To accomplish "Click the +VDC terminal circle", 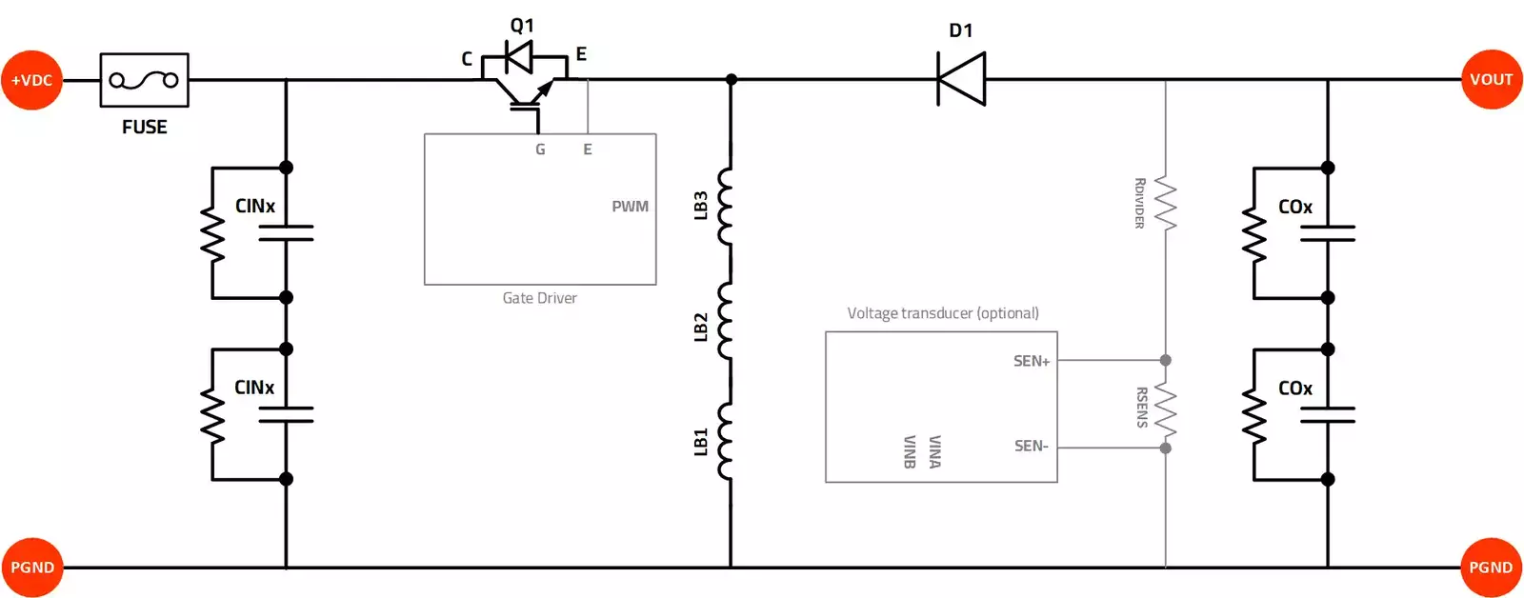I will click(31, 80).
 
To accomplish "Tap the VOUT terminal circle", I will click(1491, 79).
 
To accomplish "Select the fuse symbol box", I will click(144, 80).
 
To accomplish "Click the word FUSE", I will click(144, 127).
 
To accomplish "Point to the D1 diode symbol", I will click(961, 79).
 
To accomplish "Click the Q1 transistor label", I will click(522, 26).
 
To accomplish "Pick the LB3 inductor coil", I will click(726, 206).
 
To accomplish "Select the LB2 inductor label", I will click(701, 327).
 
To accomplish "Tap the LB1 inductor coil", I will click(726, 441).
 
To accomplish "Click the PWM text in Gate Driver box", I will click(630, 207).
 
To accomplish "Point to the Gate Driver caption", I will click(539, 298).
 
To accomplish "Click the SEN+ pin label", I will click(1031, 361).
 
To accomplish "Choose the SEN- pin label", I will click(1031, 446).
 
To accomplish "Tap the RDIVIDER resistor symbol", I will click(1165, 203).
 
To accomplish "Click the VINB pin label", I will click(909, 451).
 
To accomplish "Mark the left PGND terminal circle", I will click(31, 568).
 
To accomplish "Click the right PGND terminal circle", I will click(1491, 568).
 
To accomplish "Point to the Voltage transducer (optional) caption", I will click(942, 313).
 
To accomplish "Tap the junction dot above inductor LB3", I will click(731, 80).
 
